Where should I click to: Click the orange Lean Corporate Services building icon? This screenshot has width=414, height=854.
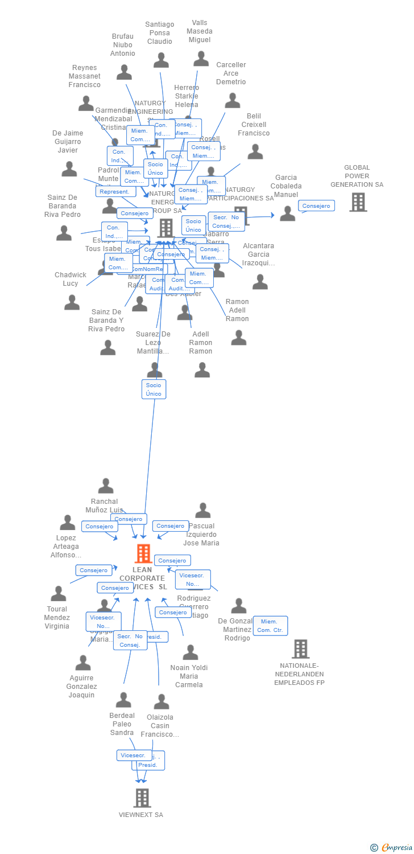(x=143, y=553)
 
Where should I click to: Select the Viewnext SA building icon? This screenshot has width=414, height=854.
(x=142, y=798)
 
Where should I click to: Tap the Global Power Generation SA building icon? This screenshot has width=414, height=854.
(x=358, y=202)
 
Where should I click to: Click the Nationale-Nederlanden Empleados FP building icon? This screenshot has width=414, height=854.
(x=300, y=648)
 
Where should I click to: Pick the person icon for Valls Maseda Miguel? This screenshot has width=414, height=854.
(x=201, y=59)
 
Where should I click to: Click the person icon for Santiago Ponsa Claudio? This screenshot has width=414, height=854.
(x=161, y=60)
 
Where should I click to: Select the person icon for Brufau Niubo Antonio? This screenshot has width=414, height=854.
(x=124, y=72)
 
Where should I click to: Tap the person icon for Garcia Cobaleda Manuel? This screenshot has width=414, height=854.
(x=288, y=213)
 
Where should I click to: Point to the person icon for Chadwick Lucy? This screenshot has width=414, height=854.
(x=72, y=302)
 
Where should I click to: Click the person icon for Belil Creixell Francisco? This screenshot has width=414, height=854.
(x=255, y=151)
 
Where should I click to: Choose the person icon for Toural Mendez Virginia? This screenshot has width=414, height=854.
(x=58, y=594)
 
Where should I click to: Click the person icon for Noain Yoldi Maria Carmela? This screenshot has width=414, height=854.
(x=191, y=652)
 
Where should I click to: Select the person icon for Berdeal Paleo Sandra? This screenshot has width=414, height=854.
(x=123, y=700)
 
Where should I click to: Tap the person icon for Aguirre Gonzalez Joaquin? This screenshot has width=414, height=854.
(x=83, y=663)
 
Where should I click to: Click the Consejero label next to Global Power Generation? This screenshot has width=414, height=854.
(x=316, y=206)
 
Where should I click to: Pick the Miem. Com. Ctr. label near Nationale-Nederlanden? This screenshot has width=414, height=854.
(x=270, y=626)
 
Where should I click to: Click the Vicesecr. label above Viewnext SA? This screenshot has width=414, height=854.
(x=133, y=756)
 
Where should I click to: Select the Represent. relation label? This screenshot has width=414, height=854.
(x=115, y=192)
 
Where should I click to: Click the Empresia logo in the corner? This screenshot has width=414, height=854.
(x=392, y=848)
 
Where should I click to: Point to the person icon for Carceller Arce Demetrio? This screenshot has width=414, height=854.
(x=233, y=101)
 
